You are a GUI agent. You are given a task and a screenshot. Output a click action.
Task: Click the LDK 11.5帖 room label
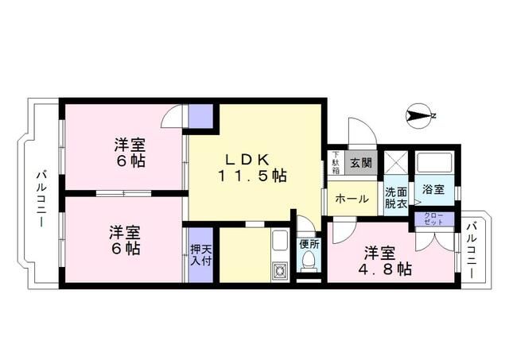coord(253,168)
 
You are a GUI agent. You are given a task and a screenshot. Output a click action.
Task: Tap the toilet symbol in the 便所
coord(309,261)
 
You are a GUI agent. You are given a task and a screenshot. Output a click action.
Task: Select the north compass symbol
coord(420,116)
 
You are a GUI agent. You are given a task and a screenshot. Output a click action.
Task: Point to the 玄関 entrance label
coord(361,162)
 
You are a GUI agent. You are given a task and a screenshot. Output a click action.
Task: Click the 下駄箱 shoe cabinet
coord(336,162)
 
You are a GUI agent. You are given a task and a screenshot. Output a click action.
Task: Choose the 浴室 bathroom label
coord(433,189)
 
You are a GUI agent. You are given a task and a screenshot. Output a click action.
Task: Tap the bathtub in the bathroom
coord(435,162)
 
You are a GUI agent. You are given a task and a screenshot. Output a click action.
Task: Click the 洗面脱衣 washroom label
coord(396,198)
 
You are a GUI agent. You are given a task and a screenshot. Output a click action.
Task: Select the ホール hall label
coord(352,199)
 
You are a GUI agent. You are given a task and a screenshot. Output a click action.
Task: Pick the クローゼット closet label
coord(433,219)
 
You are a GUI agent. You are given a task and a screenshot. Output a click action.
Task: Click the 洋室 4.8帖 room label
coord(385,261)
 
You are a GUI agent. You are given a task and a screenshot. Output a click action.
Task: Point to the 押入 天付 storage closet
coord(201,255)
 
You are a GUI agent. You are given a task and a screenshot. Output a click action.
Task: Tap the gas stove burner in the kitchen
coord(279,271)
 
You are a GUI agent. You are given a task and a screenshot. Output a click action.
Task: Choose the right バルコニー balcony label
coord(472,250)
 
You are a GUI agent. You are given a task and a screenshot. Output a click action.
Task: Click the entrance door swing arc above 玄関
coord(363,131)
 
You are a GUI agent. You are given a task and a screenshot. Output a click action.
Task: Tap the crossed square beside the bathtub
coord(396,162)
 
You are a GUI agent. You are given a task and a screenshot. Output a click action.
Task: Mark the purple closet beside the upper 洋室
coord(200,116)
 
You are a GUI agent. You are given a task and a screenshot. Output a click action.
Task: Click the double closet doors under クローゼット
coord(434,239)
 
